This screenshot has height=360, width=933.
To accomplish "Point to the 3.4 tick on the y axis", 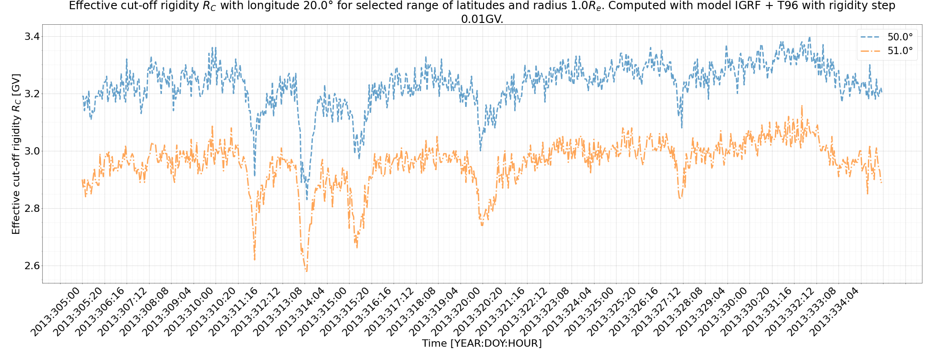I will (x=32, y=37).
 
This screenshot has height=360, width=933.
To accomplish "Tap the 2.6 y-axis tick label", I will (x=32, y=266).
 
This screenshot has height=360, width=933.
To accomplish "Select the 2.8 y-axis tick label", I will (x=32, y=209).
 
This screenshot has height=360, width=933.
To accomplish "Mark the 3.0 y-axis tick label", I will (x=32, y=151).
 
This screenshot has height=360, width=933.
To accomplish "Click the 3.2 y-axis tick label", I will (x=32, y=94).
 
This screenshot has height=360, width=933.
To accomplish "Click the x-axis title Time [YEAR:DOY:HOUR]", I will (x=482, y=343).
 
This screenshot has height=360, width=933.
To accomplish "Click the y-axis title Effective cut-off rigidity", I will (x=16, y=154).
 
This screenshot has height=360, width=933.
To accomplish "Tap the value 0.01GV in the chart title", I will (x=482, y=19).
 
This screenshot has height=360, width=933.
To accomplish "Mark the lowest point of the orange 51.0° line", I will (x=306, y=271).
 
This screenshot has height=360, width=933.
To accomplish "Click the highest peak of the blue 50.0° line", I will (x=810, y=38).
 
